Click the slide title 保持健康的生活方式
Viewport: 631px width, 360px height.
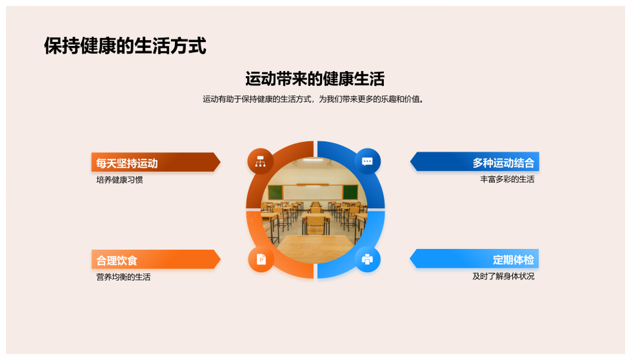tap(125, 45)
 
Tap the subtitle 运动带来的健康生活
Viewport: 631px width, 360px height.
tap(315, 79)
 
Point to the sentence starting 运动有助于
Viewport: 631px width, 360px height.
tap(314, 99)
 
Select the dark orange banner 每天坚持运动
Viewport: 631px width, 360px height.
tap(156, 162)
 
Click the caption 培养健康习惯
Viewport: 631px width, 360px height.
tap(120, 180)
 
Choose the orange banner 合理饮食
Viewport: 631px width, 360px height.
tap(156, 259)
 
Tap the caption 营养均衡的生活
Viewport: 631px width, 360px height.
tap(123, 277)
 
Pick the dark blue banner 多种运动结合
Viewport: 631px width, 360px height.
tap(475, 162)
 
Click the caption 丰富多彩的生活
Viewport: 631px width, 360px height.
tap(507, 179)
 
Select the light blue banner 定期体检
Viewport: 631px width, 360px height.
tap(475, 259)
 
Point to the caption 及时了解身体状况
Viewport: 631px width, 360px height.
tap(503, 277)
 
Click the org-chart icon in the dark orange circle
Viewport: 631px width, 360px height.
tap(260, 162)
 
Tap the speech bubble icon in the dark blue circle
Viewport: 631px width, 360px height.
tap(367, 162)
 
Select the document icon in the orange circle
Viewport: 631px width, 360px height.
tap(261, 259)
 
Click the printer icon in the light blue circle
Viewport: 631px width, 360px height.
tap(367, 259)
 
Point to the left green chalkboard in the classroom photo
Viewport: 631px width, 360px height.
tap(275, 192)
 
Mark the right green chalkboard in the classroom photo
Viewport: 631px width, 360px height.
tap(350, 192)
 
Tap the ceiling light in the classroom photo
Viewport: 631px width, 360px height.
tap(313, 160)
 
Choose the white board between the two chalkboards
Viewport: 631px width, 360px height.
tap(313, 192)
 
